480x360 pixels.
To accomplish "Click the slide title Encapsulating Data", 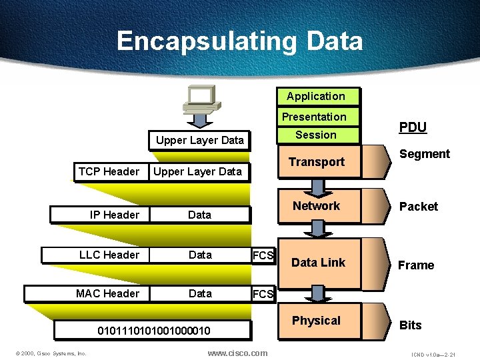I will pyautogui.click(x=240, y=41).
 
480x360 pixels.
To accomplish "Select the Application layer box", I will pyautogui.click(x=316, y=97).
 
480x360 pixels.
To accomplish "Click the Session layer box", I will pyautogui.click(x=316, y=135).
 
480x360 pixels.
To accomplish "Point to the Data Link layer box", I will pyautogui.click(x=318, y=263).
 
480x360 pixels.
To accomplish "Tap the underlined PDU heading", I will pyautogui.click(x=413, y=127).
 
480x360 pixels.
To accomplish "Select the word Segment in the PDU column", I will pyautogui.click(x=424, y=154).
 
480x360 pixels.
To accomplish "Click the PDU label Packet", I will pyautogui.click(x=418, y=207).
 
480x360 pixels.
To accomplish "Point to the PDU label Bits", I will pyautogui.click(x=410, y=325).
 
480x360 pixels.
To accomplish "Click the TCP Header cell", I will pyautogui.click(x=109, y=171).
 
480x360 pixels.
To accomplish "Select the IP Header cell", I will pyautogui.click(x=115, y=215).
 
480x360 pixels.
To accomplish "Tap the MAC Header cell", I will pyautogui.click(x=107, y=293).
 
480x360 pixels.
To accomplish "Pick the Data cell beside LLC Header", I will pyautogui.click(x=200, y=255).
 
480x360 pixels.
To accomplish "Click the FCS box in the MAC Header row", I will pyautogui.click(x=263, y=294).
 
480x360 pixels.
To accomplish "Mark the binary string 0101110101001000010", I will pyautogui.click(x=154, y=331).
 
